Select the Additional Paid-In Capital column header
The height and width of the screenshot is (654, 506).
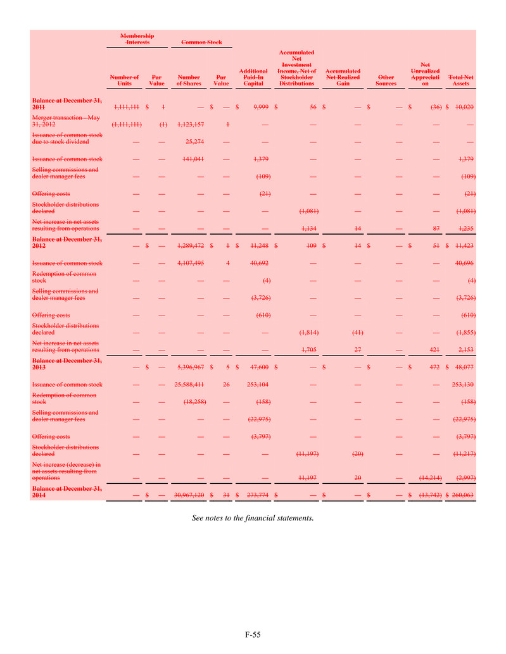click(x=253, y=77)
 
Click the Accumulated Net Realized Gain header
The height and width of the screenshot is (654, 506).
click(x=343, y=77)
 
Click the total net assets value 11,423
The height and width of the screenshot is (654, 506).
click(x=464, y=244)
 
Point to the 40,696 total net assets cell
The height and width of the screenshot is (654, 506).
click(x=464, y=262)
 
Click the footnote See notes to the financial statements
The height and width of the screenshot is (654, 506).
click(x=253, y=518)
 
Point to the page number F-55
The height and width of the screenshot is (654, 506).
click(x=253, y=633)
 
